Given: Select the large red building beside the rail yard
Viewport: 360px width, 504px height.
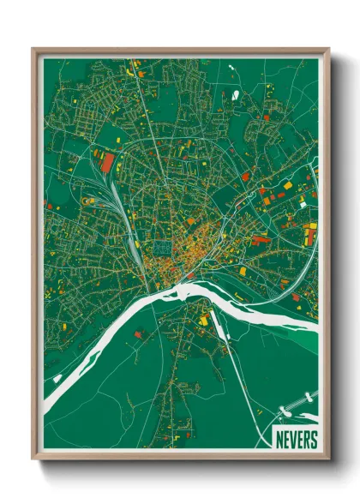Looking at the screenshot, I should pyautogui.click(x=107, y=163).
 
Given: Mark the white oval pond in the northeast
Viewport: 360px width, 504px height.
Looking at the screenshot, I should pyautogui.click(x=235, y=94).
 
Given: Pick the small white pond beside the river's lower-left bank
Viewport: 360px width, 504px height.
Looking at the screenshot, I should pyautogui.click(x=57, y=377).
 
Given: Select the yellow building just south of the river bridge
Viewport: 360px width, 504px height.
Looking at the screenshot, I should pyautogui.click(x=204, y=321).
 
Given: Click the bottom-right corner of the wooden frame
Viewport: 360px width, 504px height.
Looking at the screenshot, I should pyautogui.click(x=328, y=460).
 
